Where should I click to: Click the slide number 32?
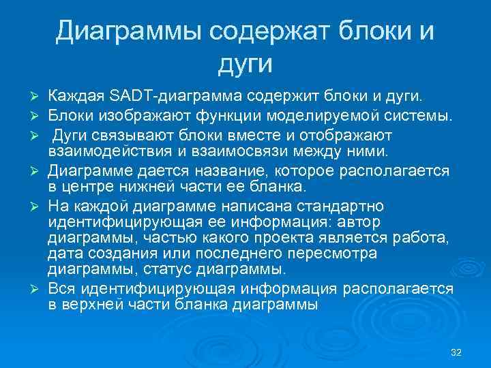(457, 352)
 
